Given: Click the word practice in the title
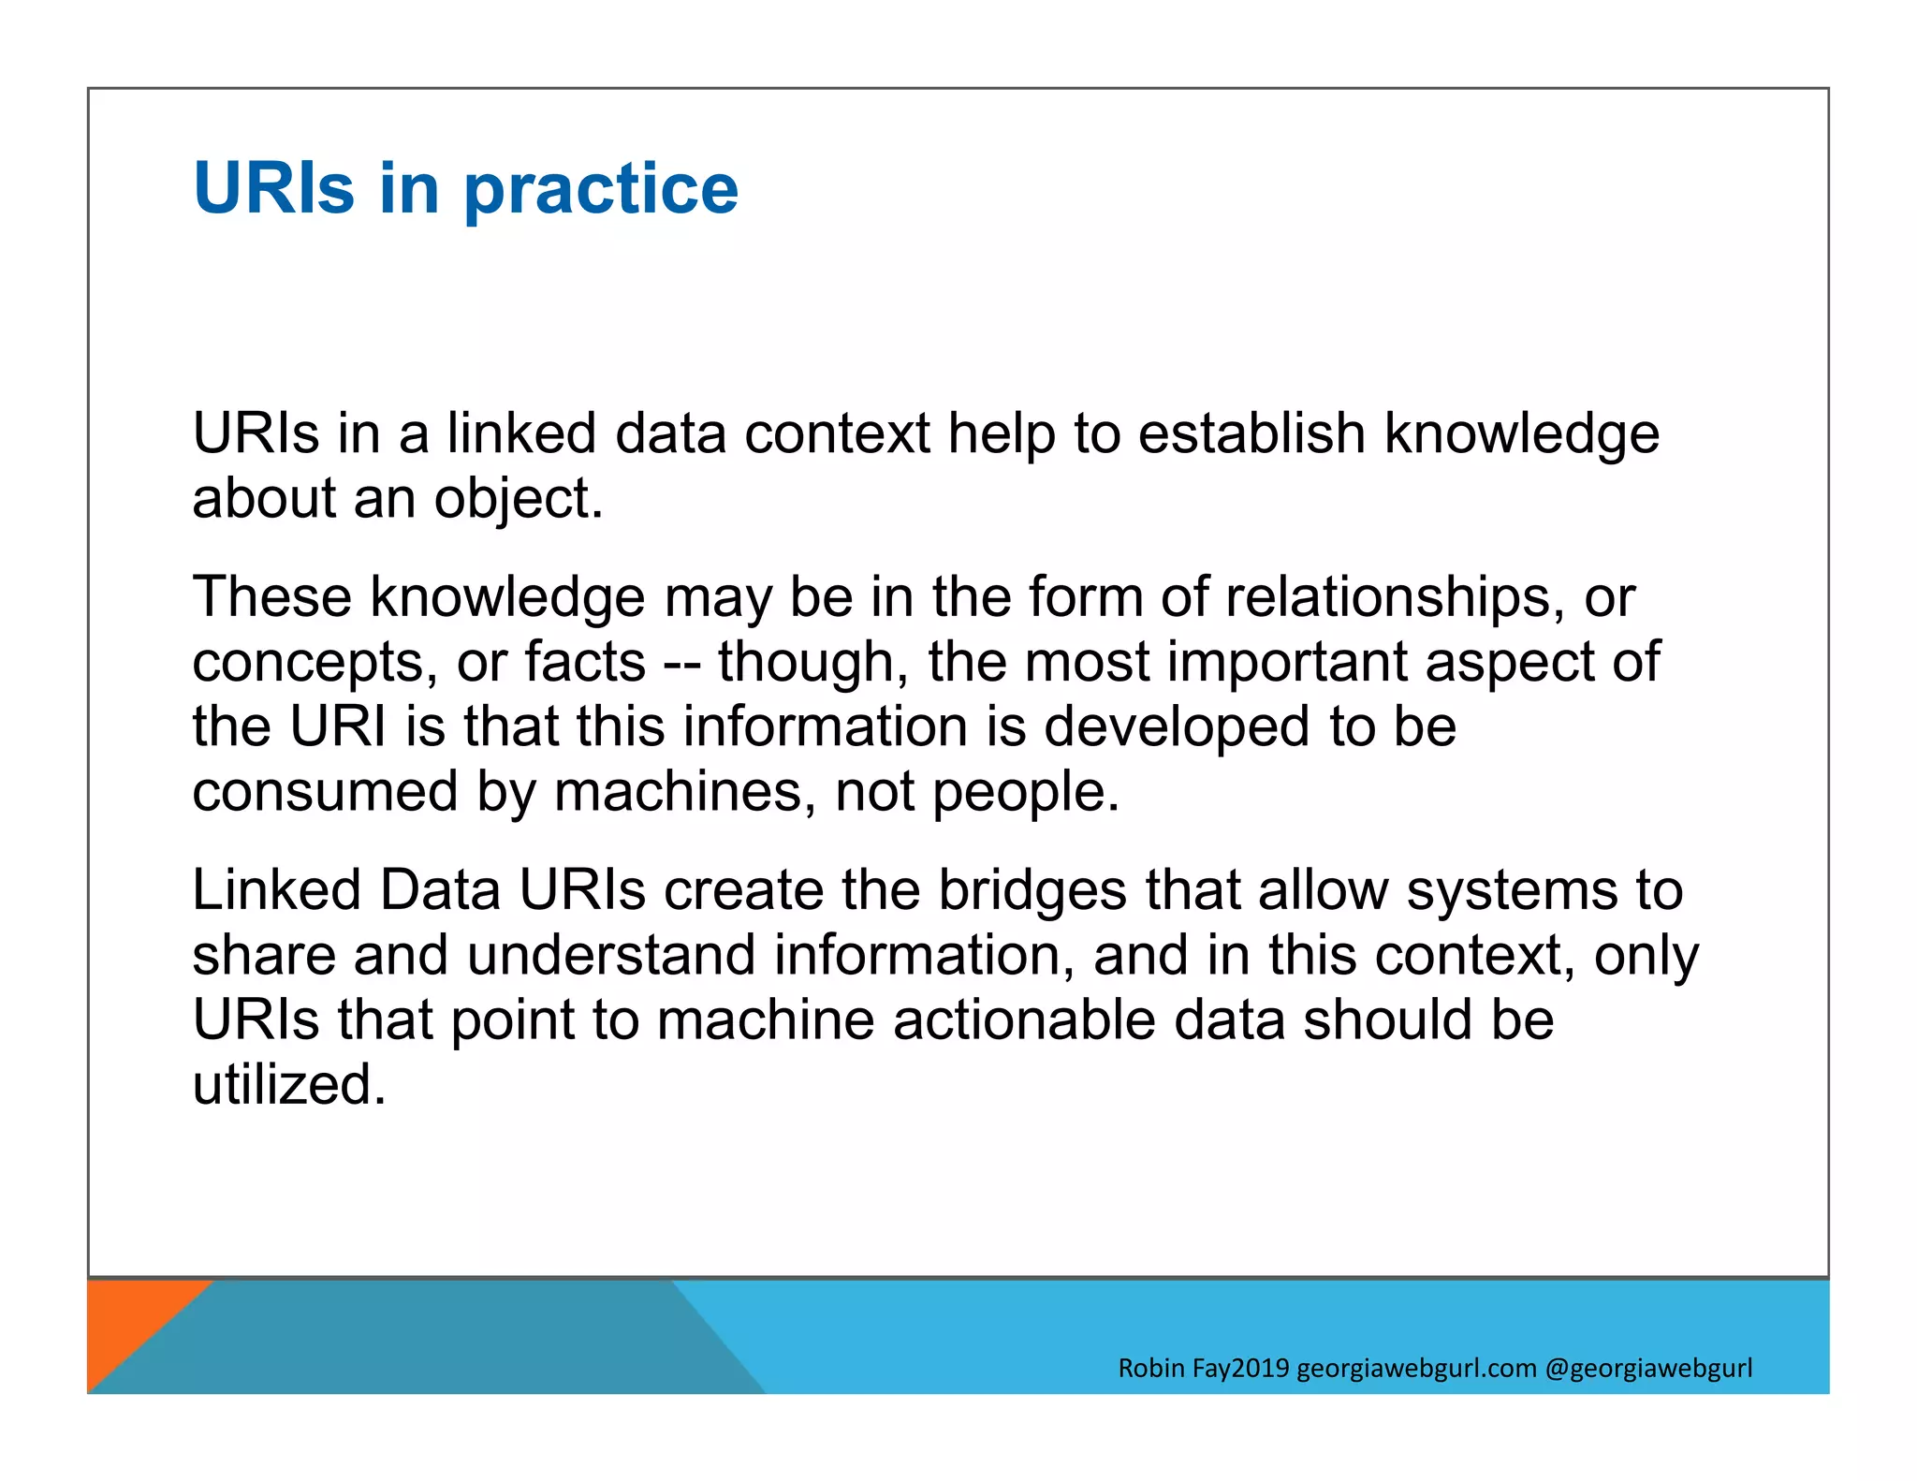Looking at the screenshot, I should (601, 190).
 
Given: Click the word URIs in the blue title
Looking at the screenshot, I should (274, 188).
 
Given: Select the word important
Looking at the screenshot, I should (1287, 662).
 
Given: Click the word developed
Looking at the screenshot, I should (1177, 727).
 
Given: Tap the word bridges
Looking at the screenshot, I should (1032, 891).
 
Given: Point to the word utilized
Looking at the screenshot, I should (288, 1085).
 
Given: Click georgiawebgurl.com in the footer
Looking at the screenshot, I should (1416, 1369).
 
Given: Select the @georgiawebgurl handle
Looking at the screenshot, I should (1648, 1369).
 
